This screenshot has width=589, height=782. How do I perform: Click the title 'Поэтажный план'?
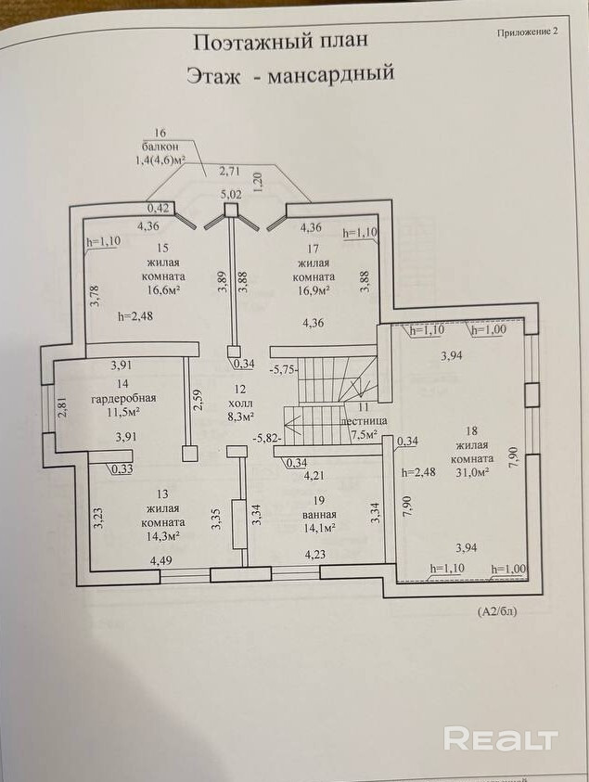coord(280,42)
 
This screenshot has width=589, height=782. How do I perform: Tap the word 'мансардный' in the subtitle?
coord(331,75)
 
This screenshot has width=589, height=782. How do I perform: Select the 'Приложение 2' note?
coord(527,32)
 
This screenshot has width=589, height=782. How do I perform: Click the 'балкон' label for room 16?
coord(160,147)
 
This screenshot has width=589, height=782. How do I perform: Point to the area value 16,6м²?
coord(161,290)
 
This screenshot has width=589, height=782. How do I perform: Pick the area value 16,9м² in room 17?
coord(314,290)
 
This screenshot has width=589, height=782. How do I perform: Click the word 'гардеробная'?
coord(123,399)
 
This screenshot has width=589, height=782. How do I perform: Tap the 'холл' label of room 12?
coord(240,403)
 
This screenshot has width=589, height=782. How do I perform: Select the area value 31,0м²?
coord(471,472)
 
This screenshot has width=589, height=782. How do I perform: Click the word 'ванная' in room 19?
coord(319,515)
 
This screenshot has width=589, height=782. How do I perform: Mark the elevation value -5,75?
coord(283,370)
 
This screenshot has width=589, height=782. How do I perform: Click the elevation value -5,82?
coord(268,440)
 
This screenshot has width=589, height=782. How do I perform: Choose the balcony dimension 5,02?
coord(230,194)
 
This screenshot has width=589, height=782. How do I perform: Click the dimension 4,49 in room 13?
coord(161,560)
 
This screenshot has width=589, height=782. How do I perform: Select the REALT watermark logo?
coord(501,738)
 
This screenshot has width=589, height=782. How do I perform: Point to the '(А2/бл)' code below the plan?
coord(497,611)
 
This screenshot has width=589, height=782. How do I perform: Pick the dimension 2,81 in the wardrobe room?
coord(62,406)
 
